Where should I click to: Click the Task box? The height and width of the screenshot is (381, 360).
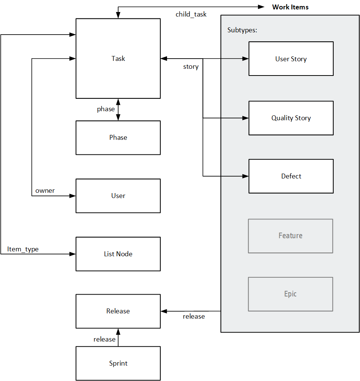118,59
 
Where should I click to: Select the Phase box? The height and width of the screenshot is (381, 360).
118,138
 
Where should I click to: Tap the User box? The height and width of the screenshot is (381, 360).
118,196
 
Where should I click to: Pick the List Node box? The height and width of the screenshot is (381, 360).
118,254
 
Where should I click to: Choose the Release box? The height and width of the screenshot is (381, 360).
118,311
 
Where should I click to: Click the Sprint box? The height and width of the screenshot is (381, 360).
118,363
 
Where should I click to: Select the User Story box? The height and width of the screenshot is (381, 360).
291,59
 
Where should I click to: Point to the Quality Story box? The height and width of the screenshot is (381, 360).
291,118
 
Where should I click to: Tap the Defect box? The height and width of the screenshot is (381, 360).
291,176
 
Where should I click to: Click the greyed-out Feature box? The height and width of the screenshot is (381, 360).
291,236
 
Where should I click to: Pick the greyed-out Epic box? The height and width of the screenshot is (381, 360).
291,294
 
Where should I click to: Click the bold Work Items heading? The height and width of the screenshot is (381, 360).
290,7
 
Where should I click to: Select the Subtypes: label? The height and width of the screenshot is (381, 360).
242,30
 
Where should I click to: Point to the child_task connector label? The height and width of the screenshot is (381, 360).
191,15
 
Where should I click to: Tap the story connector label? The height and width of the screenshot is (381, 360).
191,67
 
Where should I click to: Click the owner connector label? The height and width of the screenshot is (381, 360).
45,191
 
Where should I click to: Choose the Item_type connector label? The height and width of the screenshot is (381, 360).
23,249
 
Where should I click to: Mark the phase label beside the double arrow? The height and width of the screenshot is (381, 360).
106,109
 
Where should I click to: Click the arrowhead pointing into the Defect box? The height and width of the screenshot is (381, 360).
246,176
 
